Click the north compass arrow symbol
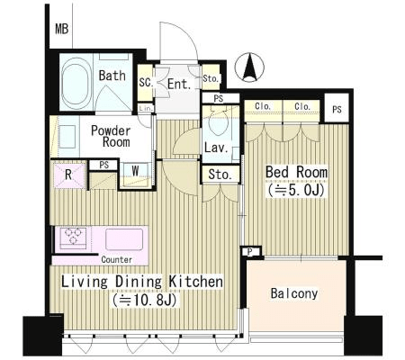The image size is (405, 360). point(249,67)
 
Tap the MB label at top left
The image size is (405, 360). point(62,29)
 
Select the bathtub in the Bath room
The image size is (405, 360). point(76,81)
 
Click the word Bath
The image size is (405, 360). point(112,76)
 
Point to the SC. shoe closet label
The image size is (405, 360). point(146,83)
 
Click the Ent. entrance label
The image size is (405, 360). point(179,84)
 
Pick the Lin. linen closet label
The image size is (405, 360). point(147,108)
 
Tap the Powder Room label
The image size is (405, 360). point(111,136)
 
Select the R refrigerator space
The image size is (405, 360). point(68,175)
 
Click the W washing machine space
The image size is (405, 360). point(135,173)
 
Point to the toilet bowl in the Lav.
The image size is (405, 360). point(218,122)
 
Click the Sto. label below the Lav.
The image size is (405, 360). point(220,175)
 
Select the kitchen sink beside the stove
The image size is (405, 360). point(124,239)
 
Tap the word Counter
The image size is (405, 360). point(117,259)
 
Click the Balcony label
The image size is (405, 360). point(294,293)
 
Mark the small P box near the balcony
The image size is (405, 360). point(250,252)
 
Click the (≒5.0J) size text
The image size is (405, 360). point(296,191)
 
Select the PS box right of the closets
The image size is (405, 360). point(337,109)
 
